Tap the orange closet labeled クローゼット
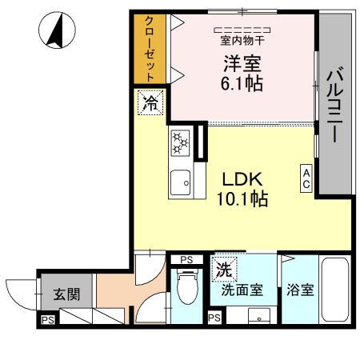[149, 50]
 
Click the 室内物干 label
[241, 38]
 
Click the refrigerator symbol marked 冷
[150, 102]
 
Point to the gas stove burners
[181, 144]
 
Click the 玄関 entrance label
[66, 294]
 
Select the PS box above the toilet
[186, 260]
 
